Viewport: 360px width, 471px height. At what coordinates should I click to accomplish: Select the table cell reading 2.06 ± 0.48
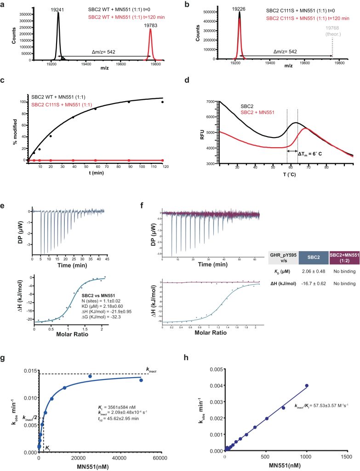coord(314,272)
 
